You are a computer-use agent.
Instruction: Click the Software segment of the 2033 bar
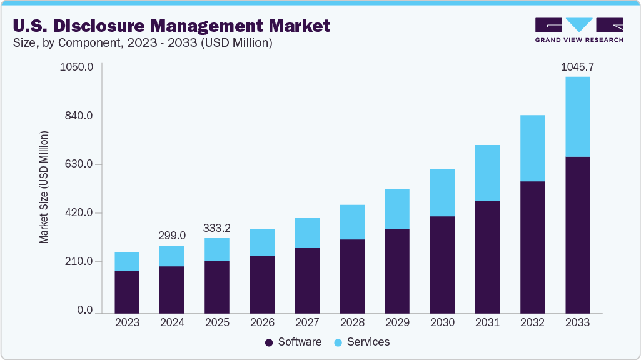click(577, 234)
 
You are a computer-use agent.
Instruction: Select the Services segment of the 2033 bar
click(577, 117)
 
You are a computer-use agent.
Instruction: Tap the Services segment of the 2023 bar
click(127, 262)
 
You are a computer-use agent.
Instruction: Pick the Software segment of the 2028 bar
click(352, 276)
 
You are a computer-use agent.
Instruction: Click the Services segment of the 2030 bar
click(442, 192)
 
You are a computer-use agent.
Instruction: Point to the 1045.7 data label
click(577, 66)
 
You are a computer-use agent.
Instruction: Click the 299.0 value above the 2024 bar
click(172, 236)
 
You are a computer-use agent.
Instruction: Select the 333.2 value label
click(217, 227)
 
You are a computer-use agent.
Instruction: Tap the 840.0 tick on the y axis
click(79, 116)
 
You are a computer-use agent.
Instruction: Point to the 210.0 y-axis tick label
click(79, 261)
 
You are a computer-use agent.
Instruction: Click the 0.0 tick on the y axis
click(84, 311)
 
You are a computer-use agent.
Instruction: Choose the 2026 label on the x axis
click(262, 323)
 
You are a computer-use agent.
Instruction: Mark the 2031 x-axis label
click(487, 323)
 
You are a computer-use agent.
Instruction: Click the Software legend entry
click(300, 342)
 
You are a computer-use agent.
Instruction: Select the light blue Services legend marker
click(338, 342)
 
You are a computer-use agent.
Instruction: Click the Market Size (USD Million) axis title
click(44, 187)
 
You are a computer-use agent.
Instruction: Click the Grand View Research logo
click(578, 29)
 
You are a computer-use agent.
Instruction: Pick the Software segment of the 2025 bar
click(217, 287)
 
